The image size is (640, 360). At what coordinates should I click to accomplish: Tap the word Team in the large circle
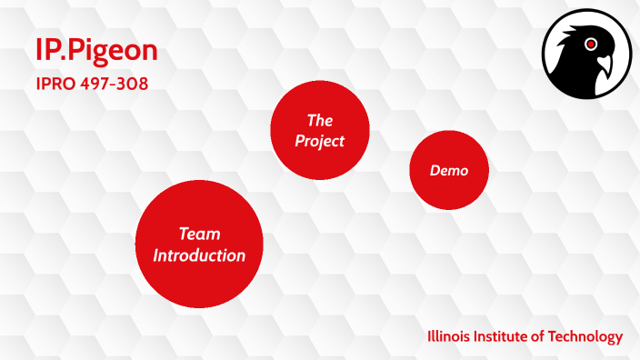[199, 235]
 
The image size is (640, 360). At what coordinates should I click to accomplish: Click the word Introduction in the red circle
[199, 255]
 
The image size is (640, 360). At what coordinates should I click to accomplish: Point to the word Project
[320, 141]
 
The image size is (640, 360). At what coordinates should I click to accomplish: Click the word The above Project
[320, 120]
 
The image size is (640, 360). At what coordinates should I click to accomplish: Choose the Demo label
[449, 170]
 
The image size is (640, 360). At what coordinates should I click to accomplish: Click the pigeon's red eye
[592, 44]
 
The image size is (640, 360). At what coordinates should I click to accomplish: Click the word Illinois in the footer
[450, 336]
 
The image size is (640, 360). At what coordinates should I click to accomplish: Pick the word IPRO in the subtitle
[51, 83]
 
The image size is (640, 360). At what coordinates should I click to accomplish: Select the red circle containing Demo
[449, 170]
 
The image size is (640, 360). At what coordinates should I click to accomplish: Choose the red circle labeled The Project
[320, 130]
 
